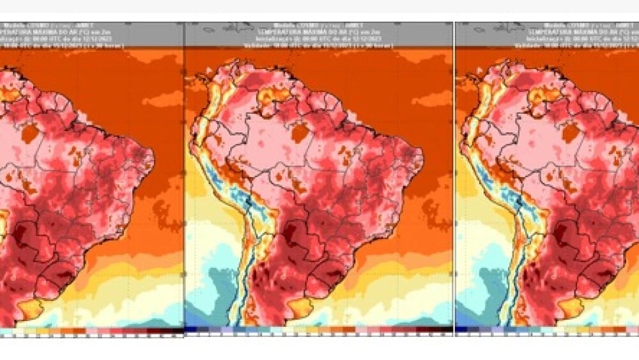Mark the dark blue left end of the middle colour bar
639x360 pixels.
189,330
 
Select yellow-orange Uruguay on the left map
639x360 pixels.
29,309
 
